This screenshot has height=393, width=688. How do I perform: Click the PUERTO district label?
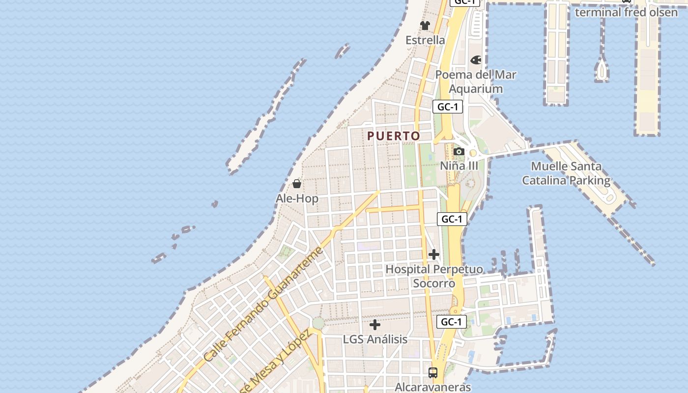(x=394, y=136)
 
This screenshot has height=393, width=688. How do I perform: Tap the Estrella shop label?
(x=425, y=40)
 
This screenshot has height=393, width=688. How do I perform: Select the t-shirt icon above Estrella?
(x=425, y=26)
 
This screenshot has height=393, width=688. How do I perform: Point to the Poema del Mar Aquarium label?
(x=476, y=82)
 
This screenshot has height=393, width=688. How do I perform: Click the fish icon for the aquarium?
(x=476, y=60)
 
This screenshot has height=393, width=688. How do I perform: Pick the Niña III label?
(x=459, y=166)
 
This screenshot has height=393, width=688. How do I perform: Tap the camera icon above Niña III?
(x=459, y=151)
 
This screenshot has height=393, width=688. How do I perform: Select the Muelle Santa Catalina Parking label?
(x=566, y=173)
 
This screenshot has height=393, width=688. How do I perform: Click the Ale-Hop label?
(x=297, y=198)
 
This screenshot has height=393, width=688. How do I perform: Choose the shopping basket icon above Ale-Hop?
(x=297, y=184)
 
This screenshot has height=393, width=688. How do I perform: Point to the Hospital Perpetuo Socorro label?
(x=434, y=276)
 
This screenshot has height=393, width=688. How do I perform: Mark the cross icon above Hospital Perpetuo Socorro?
(x=433, y=254)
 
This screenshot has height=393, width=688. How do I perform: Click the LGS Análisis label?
(x=375, y=339)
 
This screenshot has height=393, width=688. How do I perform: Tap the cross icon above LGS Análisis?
(x=375, y=325)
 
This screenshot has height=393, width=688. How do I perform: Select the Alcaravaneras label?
(x=432, y=387)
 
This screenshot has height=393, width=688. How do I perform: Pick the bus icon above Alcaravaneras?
(x=432, y=372)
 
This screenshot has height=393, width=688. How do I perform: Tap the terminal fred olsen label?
(x=626, y=12)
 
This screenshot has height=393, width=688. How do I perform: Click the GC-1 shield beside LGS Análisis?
(x=451, y=322)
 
